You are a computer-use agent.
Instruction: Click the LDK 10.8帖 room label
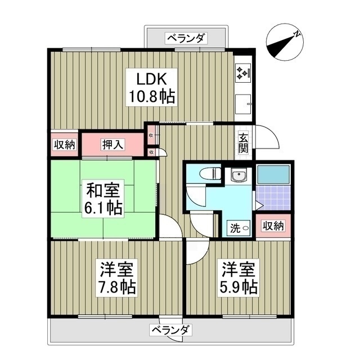pyautogui.click(x=150, y=87)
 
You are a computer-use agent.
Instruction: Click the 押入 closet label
pyautogui.click(x=113, y=144)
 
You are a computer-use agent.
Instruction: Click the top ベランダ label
pyautogui.click(x=187, y=38)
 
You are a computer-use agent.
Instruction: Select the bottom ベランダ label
pyautogui.click(x=172, y=330)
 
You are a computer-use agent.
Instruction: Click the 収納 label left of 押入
pyautogui.click(x=65, y=144)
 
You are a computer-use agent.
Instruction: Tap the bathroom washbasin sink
pyautogui.click(x=239, y=177)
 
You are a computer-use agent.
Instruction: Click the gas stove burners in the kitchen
pyautogui.click(x=243, y=71)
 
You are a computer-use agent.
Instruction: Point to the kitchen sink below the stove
pyautogui.click(x=244, y=104)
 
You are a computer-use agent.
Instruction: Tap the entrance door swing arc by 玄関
pyautogui.click(x=267, y=138)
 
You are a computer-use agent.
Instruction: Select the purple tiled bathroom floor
pyautogui.click(x=273, y=198)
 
